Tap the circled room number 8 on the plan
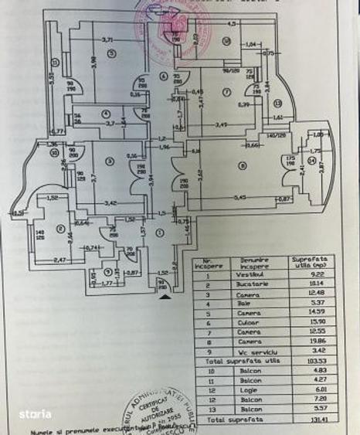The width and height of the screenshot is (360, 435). pyautogui.click(x=242, y=164)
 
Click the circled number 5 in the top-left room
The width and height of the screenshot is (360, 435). pyautogui.click(x=112, y=53)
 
